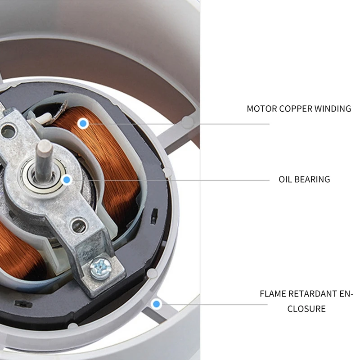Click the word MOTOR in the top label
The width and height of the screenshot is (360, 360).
(262, 108)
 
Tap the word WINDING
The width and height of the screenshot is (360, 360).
(333, 108)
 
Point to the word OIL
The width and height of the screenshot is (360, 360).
(285, 179)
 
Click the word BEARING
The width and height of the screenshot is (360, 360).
(312, 179)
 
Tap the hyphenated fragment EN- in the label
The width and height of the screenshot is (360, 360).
(346, 294)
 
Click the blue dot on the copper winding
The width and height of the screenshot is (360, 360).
(82, 123)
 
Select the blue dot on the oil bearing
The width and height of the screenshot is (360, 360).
(67, 180)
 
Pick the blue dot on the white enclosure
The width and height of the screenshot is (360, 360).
(157, 304)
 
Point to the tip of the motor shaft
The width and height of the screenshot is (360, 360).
(45, 146)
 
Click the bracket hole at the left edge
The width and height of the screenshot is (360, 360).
(7, 131)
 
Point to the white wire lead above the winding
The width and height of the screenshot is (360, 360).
(43, 118)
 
